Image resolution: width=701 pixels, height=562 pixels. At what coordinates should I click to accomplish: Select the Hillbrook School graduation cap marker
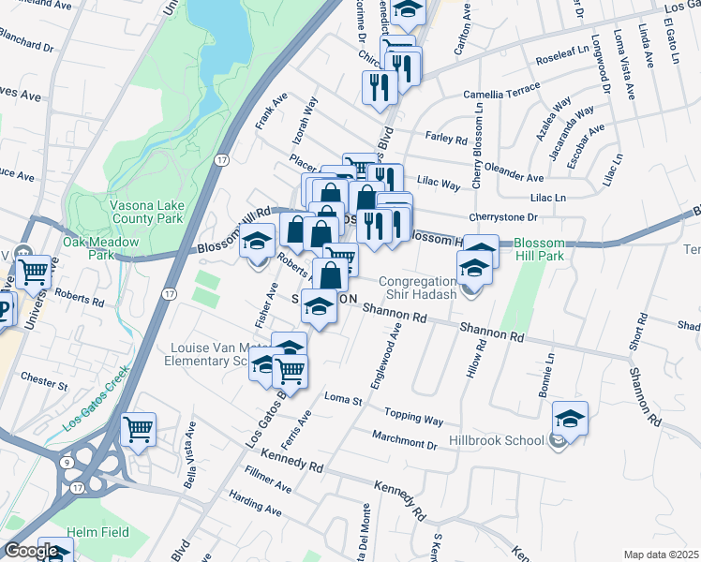pyautogui.click(x=570, y=420)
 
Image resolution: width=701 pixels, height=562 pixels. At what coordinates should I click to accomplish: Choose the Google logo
pyautogui.click(x=31, y=552)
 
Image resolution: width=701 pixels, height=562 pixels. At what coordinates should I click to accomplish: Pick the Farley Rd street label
pyautogui.click(x=446, y=139)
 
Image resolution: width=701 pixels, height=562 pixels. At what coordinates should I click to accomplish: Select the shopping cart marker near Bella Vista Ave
pyautogui.click(x=139, y=430)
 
